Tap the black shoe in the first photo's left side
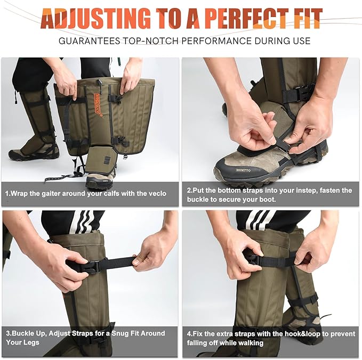click(x=29, y=153)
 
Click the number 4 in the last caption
click(x=189, y=333)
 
